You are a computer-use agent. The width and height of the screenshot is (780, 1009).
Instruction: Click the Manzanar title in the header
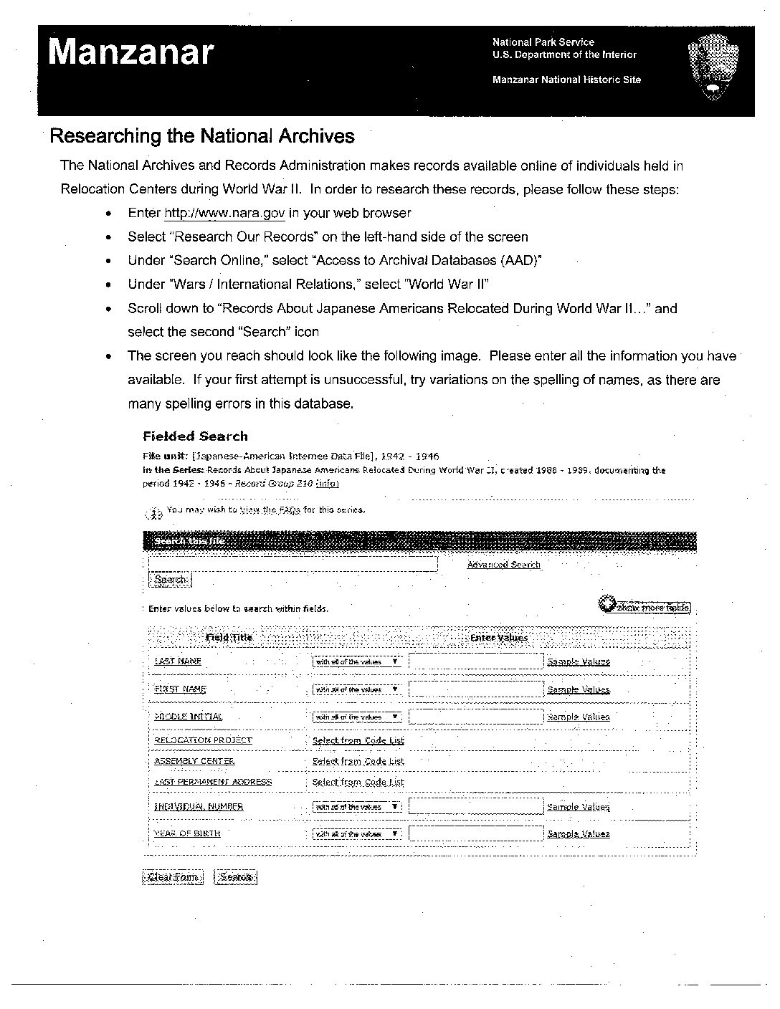coord(131,52)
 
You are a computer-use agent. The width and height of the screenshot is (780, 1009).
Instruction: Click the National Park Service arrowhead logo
coord(713,70)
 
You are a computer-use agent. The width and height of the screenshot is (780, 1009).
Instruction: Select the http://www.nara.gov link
coord(224,213)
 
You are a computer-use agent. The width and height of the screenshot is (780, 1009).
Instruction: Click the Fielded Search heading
coord(195,436)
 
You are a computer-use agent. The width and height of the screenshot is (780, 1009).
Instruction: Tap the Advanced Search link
coord(503,565)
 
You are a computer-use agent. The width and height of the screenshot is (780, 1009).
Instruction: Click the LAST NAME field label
coord(178,661)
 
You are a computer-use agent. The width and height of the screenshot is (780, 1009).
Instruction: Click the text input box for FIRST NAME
coord(476,689)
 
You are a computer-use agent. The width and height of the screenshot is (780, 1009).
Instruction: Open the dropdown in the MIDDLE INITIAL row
coord(357,717)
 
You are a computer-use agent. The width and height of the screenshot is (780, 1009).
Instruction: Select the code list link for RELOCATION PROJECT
coord(358,740)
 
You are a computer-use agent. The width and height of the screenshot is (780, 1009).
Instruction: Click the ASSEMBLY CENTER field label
coord(194,761)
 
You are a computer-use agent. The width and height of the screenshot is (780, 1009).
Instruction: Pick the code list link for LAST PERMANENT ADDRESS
coord(358,782)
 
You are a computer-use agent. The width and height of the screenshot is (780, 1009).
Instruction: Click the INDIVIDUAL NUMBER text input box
coord(476,807)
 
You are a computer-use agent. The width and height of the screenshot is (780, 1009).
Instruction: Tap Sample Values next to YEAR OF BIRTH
coord(578,834)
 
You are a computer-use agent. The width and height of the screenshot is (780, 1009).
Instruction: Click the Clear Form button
coord(173,877)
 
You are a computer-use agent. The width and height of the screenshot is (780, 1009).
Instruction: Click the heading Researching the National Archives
coord(201,135)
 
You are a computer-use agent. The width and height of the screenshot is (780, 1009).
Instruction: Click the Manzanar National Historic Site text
coord(566,80)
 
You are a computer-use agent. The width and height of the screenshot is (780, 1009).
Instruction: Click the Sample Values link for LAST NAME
coord(578,661)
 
